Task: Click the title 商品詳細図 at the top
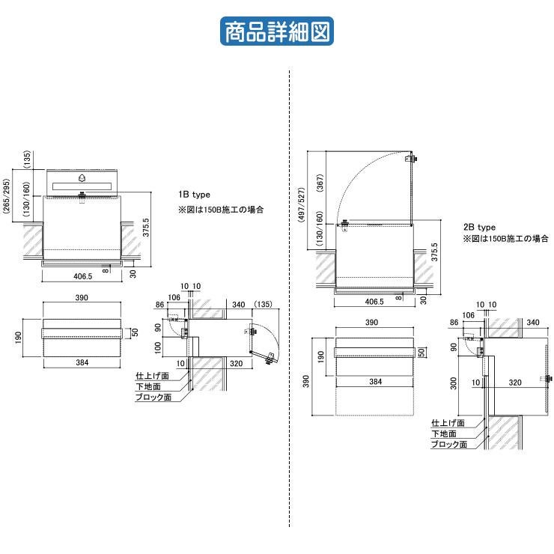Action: (x=276, y=32)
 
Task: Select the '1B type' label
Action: (x=194, y=195)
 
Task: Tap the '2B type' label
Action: (x=479, y=227)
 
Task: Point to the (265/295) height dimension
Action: (x=7, y=198)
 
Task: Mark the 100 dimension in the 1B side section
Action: (x=158, y=348)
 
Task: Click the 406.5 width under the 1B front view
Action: (x=82, y=276)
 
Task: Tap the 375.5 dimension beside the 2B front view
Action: (x=435, y=253)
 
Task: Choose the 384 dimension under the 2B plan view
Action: (x=375, y=382)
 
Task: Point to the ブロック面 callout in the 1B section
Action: (x=153, y=398)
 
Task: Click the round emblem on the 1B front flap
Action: (x=82, y=179)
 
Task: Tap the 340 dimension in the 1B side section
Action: (x=239, y=305)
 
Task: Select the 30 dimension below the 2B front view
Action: (x=423, y=299)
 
